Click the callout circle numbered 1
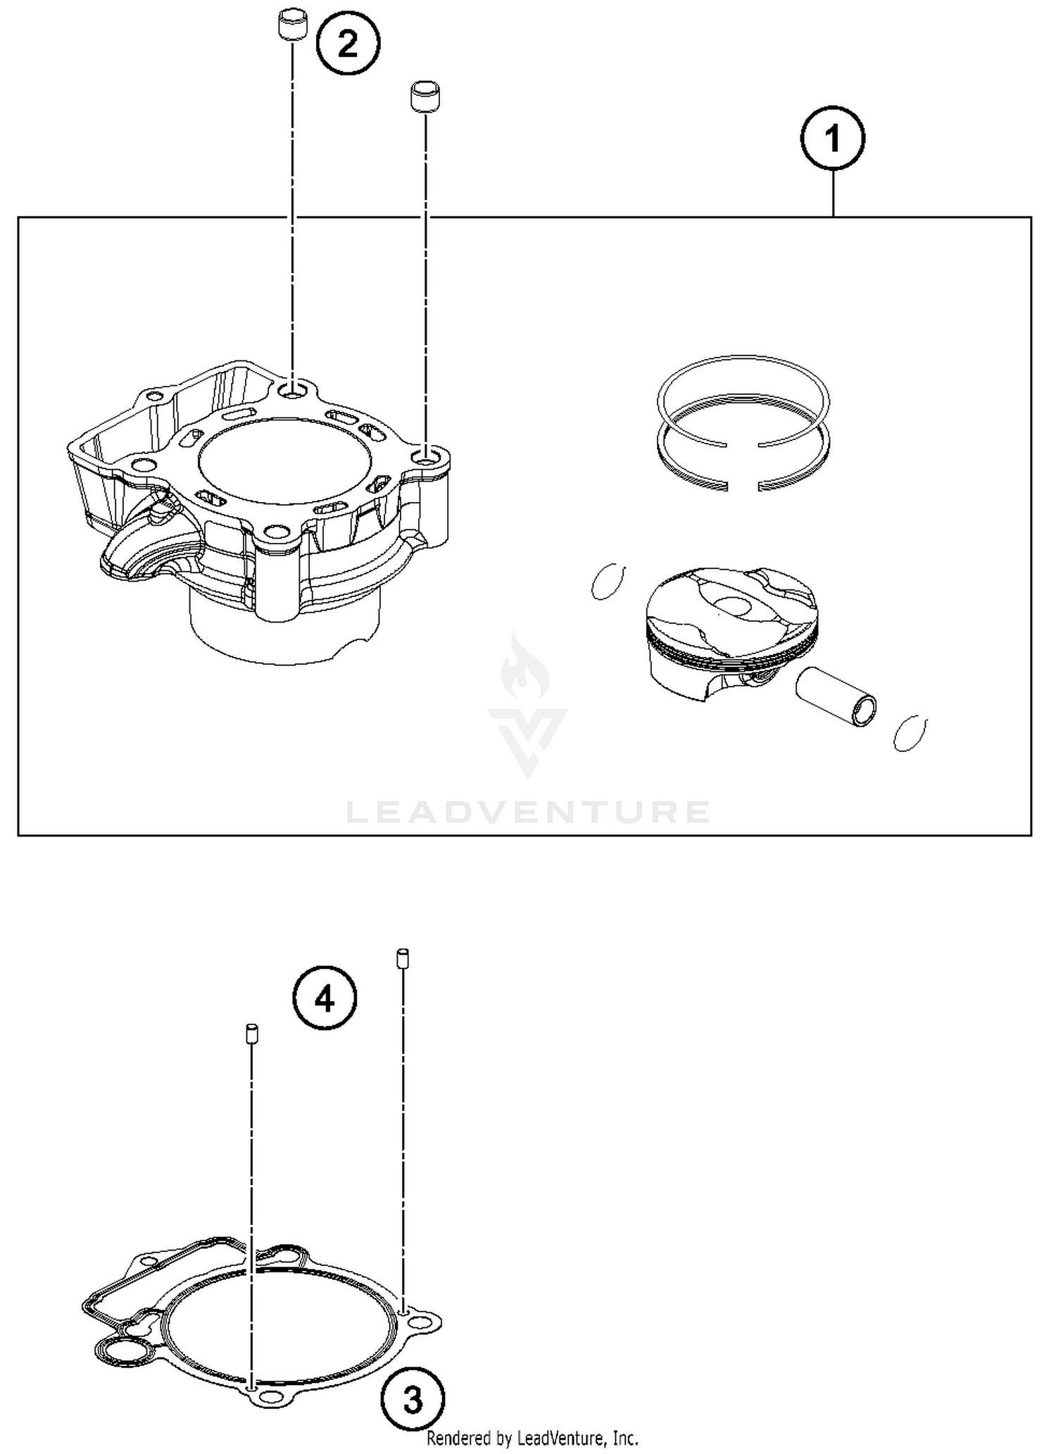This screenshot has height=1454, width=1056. tap(833, 138)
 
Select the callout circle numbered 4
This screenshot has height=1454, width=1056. tap(325, 998)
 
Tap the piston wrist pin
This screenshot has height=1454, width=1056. tap(836, 696)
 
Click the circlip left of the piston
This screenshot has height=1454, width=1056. tap(608, 582)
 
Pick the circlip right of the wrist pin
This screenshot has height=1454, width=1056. tap(910, 733)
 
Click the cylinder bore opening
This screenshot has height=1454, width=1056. tap(284, 461)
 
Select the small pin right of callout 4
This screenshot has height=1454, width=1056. tap(403, 959)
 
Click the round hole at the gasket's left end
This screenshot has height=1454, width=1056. tap(125, 1353)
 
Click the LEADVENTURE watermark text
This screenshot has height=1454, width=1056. tap(528, 812)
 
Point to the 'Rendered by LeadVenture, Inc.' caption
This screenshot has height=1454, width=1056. tap(532, 1438)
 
